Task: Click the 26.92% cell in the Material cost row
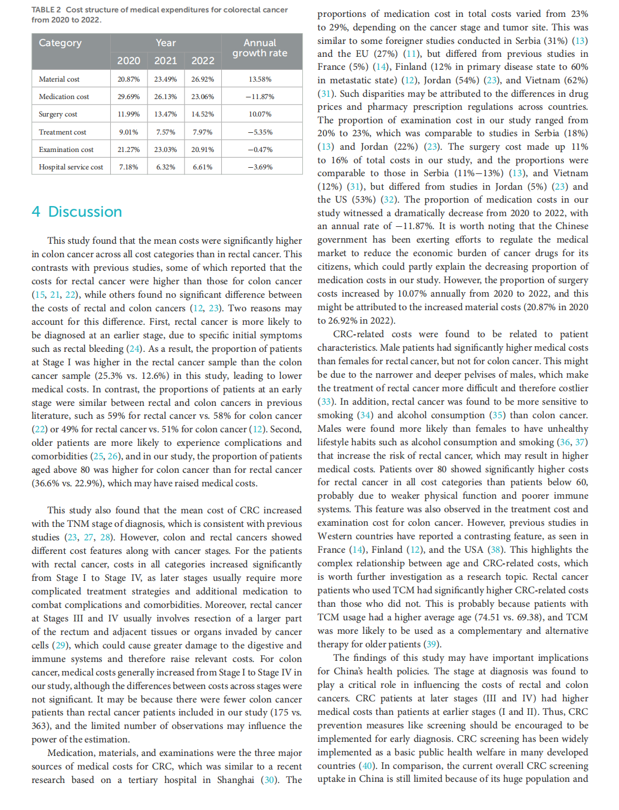point(203,79)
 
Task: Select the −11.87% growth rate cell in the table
point(260,97)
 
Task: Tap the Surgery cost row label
point(58,114)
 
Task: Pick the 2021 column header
point(165,61)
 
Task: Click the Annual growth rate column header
point(260,48)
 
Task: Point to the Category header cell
point(60,43)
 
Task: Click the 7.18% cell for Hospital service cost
point(128,167)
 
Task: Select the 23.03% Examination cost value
point(165,150)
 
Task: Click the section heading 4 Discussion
point(77,212)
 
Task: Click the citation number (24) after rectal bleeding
point(135,348)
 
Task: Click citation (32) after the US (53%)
point(388,199)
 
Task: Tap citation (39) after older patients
point(432,644)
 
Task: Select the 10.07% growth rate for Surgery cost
point(260,114)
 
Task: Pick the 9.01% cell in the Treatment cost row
point(128,132)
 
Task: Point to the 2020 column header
point(128,61)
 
